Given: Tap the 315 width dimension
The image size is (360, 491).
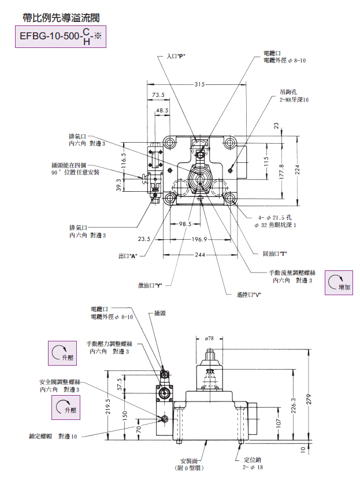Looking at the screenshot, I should (199, 84).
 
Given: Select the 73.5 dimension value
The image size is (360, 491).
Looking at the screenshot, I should (158, 95).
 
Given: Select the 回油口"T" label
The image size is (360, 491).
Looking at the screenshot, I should (275, 254).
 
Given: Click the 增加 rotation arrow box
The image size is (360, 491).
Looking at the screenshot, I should (339, 282).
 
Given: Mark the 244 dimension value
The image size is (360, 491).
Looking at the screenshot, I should (199, 255).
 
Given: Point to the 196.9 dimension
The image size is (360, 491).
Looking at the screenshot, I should (199, 239).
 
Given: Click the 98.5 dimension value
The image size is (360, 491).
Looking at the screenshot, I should (184, 223).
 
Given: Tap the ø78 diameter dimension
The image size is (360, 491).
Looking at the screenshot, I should (210, 337).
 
